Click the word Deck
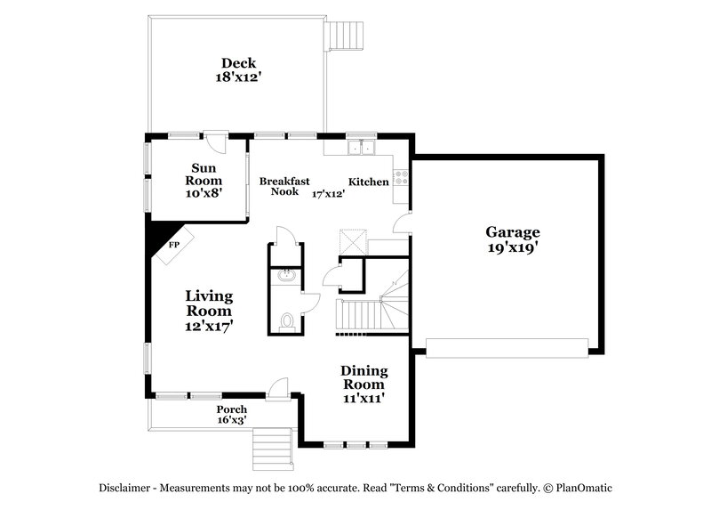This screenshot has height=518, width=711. (x=239, y=62)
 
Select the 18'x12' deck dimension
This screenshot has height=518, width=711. (x=239, y=77)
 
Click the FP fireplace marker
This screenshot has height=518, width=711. (x=174, y=242)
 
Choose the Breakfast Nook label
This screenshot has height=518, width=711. (x=284, y=186)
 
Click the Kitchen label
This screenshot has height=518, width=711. (x=368, y=182)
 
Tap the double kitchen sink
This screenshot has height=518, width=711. (x=362, y=148)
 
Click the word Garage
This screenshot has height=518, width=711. (x=513, y=233)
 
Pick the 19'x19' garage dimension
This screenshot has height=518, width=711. (x=513, y=249)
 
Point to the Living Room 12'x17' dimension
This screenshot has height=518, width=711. (x=209, y=327)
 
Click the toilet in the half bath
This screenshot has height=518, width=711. (x=286, y=320)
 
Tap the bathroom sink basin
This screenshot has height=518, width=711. (x=286, y=276)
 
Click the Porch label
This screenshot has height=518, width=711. (x=232, y=409)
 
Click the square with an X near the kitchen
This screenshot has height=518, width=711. (x=352, y=241)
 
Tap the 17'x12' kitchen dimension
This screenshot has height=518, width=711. (x=328, y=192)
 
